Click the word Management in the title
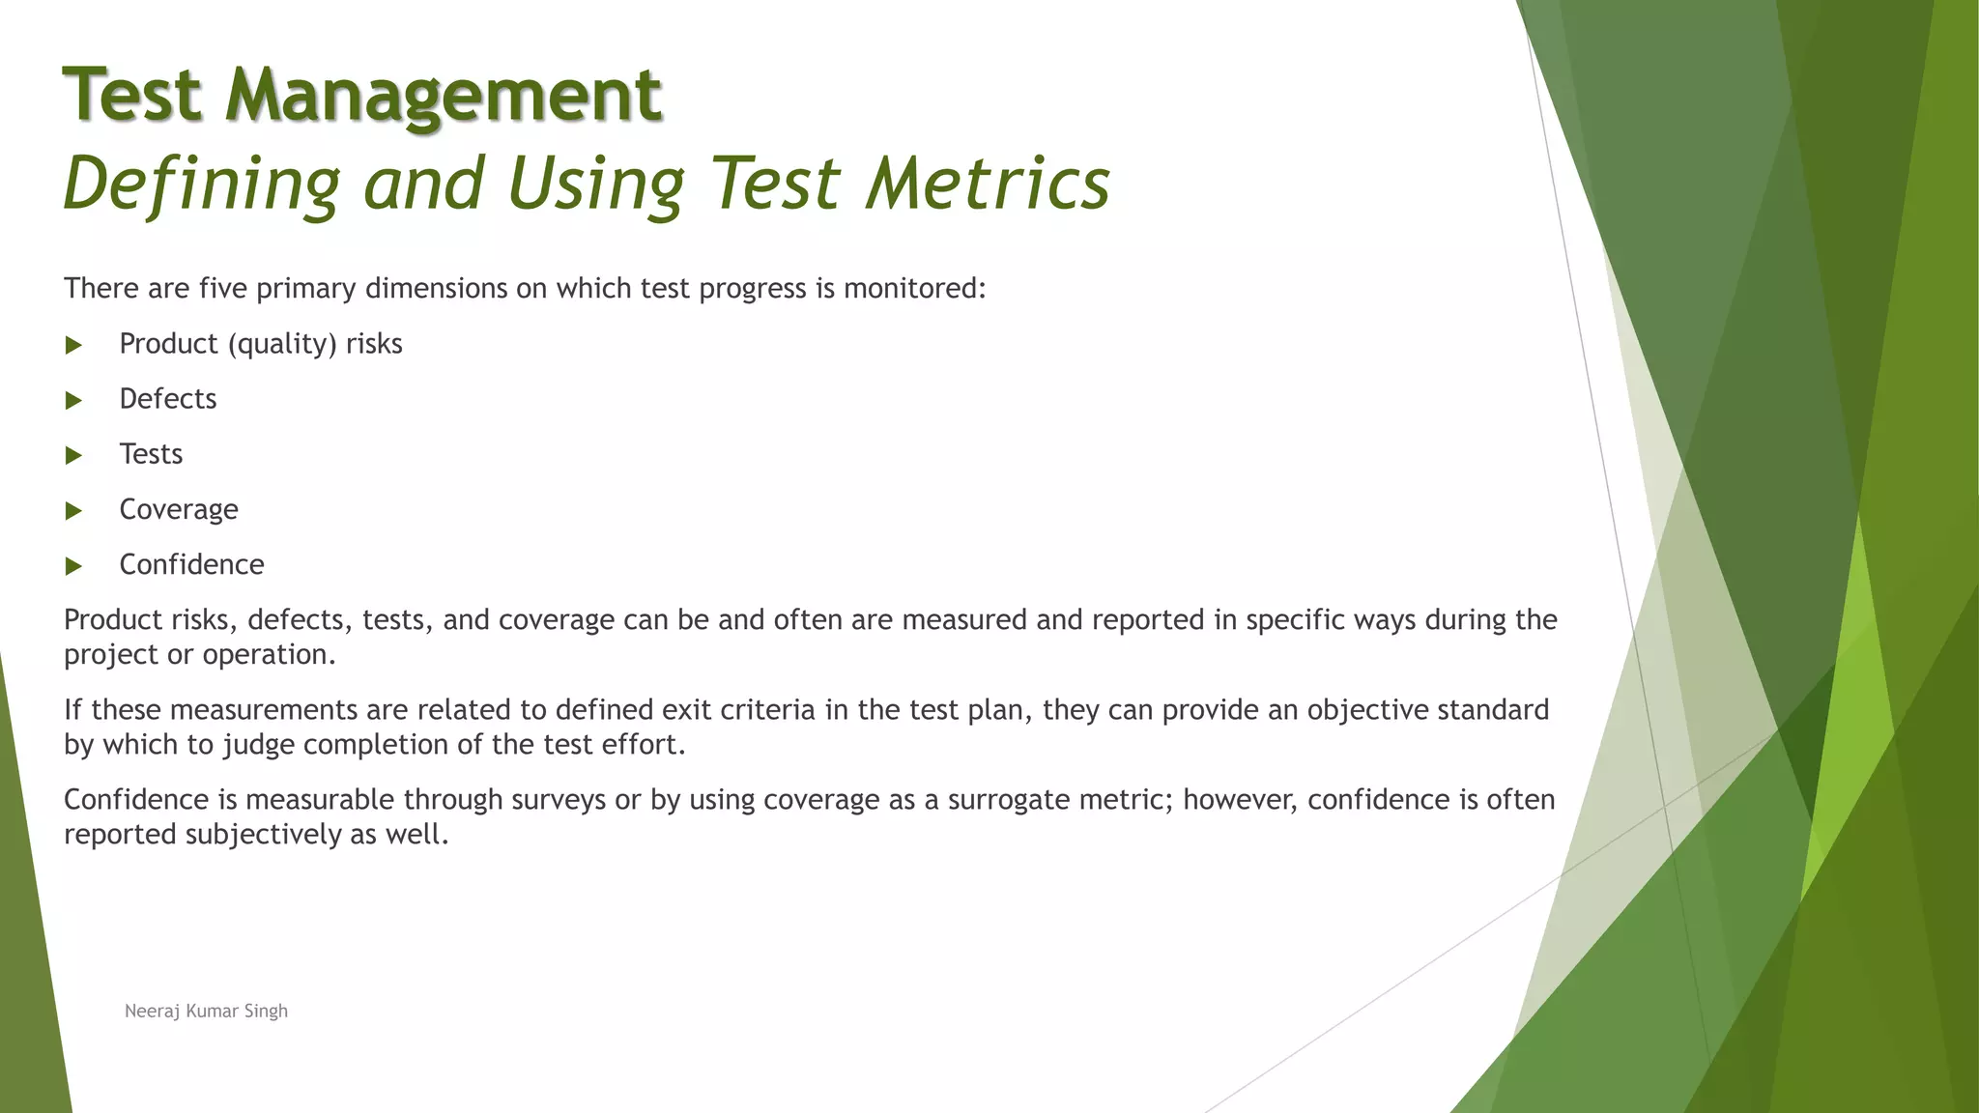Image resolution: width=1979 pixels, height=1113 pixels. pyautogui.click(x=444, y=96)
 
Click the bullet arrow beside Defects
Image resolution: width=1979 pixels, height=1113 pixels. pyautogui.click(x=73, y=400)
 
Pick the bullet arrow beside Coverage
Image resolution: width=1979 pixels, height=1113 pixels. pyautogui.click(x=73, y=510)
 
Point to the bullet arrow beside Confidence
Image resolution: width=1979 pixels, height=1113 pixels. pyautogui.click(x=73, y=566)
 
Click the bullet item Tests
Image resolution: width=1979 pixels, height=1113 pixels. pyautogui.click(x=151, y=454)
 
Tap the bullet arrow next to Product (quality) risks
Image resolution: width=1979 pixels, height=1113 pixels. pyautogui.click(x=73, y=345)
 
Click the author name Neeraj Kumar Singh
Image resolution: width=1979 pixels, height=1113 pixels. pyautogui.click(x=206, y=1011)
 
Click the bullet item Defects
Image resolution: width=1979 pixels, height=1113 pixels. pyautogui.click(x=168, y=399)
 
